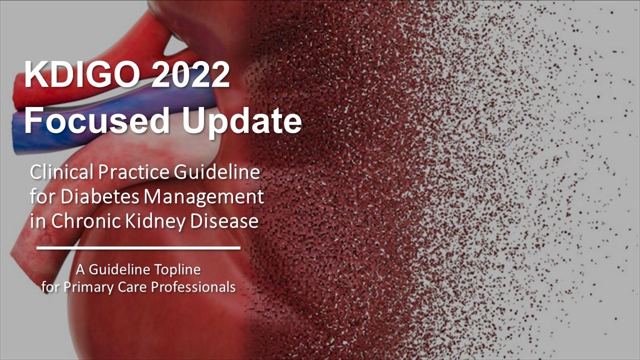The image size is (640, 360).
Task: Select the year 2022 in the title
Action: coord(190,74)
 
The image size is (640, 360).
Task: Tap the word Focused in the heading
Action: coord(97,120)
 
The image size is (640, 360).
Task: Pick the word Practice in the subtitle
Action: coord(134,172)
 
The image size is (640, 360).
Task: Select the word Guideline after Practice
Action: coord(217,172)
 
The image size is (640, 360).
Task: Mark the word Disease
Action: coord(224,221)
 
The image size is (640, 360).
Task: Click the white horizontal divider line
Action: coord(138,248)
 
